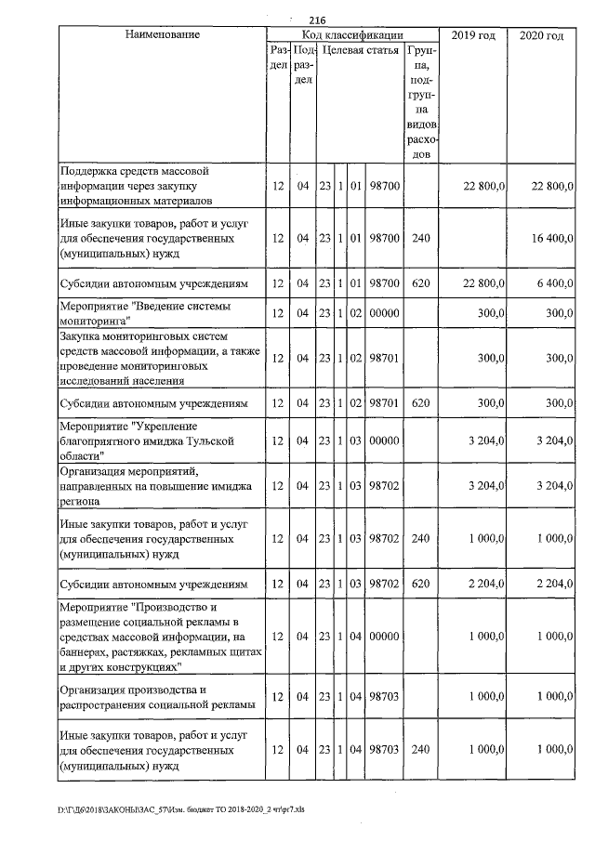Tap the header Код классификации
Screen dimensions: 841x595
click(351, 34)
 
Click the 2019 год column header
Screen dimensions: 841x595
click(472, 34)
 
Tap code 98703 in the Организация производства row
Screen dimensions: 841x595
click(384, 697)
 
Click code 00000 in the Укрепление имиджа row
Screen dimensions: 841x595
click(384, 441)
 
